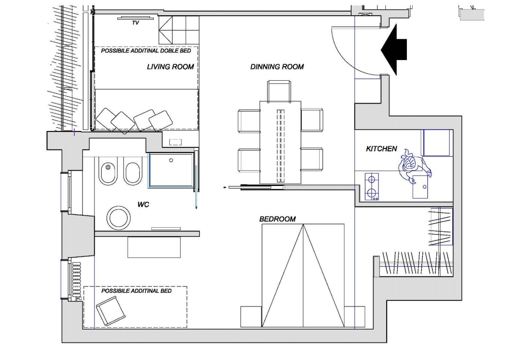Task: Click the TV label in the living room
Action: coord(135,23)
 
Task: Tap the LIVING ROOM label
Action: coord(171,67)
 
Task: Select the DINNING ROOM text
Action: coord(277,67)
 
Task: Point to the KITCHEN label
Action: coord(381,149)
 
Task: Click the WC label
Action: coord(143,204)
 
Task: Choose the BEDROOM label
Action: coord(277,219)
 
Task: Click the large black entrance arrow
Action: coord(394,49)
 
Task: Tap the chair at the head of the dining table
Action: coord(279,91)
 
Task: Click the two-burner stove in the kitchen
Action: coord(372,187)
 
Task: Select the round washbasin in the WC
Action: coord(119,217)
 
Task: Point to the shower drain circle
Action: coord(171,160)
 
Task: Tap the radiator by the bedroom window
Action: coord(77,281)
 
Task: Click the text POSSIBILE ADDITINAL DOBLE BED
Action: coord(146,51)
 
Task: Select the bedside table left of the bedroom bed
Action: coord(251,317)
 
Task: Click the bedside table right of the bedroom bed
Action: coord(354,317)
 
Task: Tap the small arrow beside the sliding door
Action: coord(225,188)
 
